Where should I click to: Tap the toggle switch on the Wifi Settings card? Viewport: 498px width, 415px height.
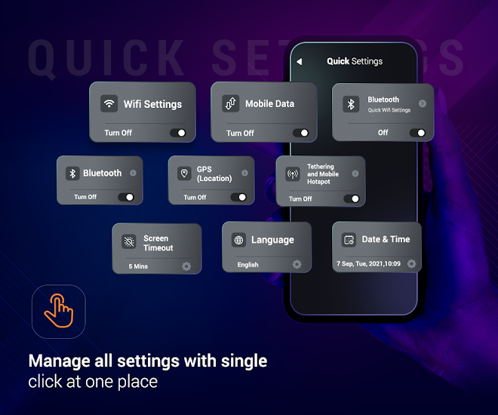[x=178, y=133]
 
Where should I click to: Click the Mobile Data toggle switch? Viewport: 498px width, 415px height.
[x=300, y=133]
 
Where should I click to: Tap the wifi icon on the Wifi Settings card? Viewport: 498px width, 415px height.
[x=109, y=103]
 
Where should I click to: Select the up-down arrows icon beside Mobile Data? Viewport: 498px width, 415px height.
[x=231, y=103]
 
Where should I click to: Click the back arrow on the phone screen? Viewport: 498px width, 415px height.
[x=300, y=61]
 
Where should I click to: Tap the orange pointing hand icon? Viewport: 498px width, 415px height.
[x=59, y=311]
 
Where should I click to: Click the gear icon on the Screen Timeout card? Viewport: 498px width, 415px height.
[x=186, y=266]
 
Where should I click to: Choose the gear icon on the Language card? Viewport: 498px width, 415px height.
[x=297, y=264]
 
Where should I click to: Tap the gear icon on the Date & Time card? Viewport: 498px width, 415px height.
[x=412, y=263]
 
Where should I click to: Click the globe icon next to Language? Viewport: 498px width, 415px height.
[x=239, y=240]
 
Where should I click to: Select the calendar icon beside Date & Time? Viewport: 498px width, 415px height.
[x=349, y=240]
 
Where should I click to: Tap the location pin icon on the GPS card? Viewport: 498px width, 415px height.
[x=184, y=174]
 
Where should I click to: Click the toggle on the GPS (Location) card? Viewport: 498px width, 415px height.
[x=238, y=197]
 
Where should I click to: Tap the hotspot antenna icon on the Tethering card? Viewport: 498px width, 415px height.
[x=293, y=174]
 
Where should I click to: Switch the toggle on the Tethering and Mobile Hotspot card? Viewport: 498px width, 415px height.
[x=352, y=198]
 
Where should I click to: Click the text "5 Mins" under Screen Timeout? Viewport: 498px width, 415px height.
[x=138, y=266]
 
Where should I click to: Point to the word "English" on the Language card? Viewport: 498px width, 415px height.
[x=247, y=265]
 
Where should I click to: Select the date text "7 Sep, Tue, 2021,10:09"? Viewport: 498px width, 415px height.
[x=368, y=264]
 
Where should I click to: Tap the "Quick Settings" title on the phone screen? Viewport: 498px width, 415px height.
[x=355, y=61]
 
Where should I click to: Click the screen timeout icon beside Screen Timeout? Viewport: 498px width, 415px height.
[x=129, y=241]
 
